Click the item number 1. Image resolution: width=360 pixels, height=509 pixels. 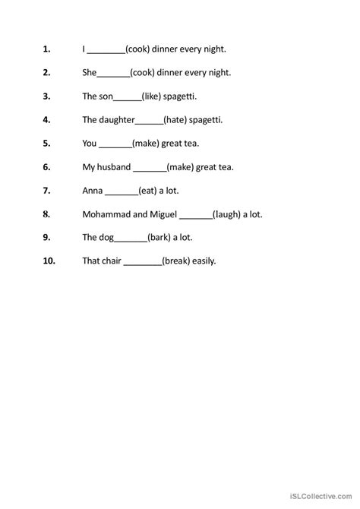point(46,49)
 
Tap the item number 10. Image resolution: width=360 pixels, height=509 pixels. point(46,261)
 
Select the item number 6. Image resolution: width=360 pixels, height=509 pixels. point(46,167)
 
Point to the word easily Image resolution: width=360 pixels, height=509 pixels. point(203,261)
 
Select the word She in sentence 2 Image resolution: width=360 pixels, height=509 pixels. point(89,72)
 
